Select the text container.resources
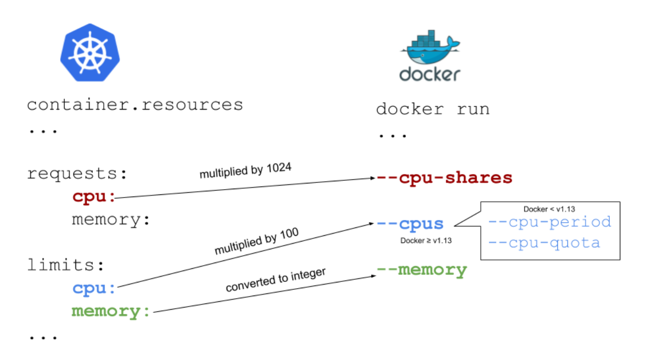click(x=135, y=105)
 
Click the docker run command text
click(x=433, y=110)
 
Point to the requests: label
click(x=78, y=173)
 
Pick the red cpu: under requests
click(x=93, y=197)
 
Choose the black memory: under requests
click(x=111, y=220)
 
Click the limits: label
click(x=66, y=265)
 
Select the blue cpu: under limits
click(x=93, y=288)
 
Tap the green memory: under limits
click(x=111, y=311)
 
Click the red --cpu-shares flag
click(x=444, y=178)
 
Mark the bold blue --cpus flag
click(x=410, y=224)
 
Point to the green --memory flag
click(x=422, y=270)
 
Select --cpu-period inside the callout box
click(x=550, y=222)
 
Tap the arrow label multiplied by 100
click(x=256, y=242)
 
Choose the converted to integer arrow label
click(x=275, y=280)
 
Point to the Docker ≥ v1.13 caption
click(x=426, y=241)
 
